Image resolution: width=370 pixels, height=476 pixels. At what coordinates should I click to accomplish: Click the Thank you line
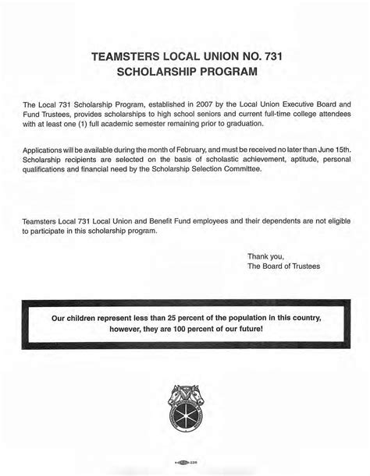tap(266, 256)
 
